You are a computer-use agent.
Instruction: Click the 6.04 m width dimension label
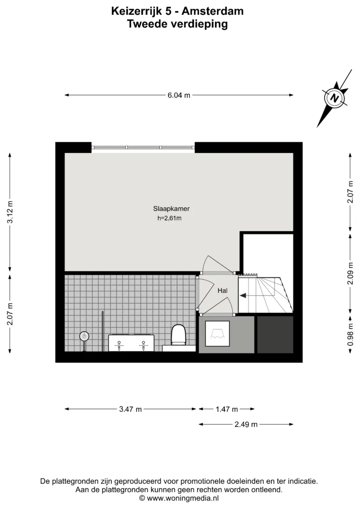tap(179, 95)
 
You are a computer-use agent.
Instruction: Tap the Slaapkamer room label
tap(171, 209)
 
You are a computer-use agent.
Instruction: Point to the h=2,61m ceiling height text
tap(169, 218)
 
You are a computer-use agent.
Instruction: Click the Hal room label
tap(222, 290)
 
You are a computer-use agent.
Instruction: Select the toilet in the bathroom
tap(178, 335)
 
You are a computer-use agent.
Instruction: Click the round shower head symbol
tap(84, 337)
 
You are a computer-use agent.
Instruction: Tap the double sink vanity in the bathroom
tap(131, 343)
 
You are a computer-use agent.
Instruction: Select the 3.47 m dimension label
tap(131, 409)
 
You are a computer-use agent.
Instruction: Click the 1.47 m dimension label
tap(227, 409)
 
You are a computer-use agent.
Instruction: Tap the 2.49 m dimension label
tap(246, 424)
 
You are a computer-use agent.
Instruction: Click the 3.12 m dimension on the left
tap(10, 212)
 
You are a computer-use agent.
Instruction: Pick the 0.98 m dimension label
tap(350, 335)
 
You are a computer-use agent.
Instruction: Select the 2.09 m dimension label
tap(350, 273)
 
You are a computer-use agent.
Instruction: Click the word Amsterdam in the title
tap(213, 11)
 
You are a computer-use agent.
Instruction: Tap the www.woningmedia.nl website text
tap(183, 498)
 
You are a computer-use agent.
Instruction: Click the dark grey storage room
tap(275, 335)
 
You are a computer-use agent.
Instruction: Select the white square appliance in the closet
tap(217, 334)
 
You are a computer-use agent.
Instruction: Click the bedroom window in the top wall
tap(143, 148)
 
